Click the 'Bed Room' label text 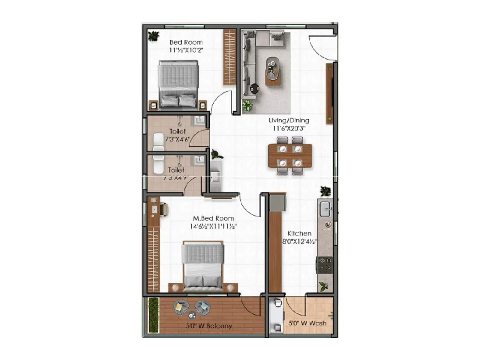click(x=186, y=42)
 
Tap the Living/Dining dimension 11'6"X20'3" click(x=289, y=128)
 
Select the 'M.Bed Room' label click(x=213, y=218)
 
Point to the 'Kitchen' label click(x=299, y=233)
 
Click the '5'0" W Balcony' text click(x=209, y=326)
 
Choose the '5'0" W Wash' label click(x=307, y=323)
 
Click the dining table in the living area click(x=290, y=156)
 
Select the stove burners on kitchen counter click(x=325, y=265)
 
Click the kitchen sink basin click(x=325, y=209)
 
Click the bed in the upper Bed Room click(x=178, y=84)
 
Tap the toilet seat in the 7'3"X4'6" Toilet click(x=158, y=142)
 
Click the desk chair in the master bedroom click(x=164, y=209)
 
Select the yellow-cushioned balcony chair click(x=181, y=307)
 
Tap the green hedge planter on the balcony click(x=153, y=315)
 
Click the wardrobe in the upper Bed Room click(x=230, y=57)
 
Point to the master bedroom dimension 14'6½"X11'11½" click(x=213, y=226)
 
